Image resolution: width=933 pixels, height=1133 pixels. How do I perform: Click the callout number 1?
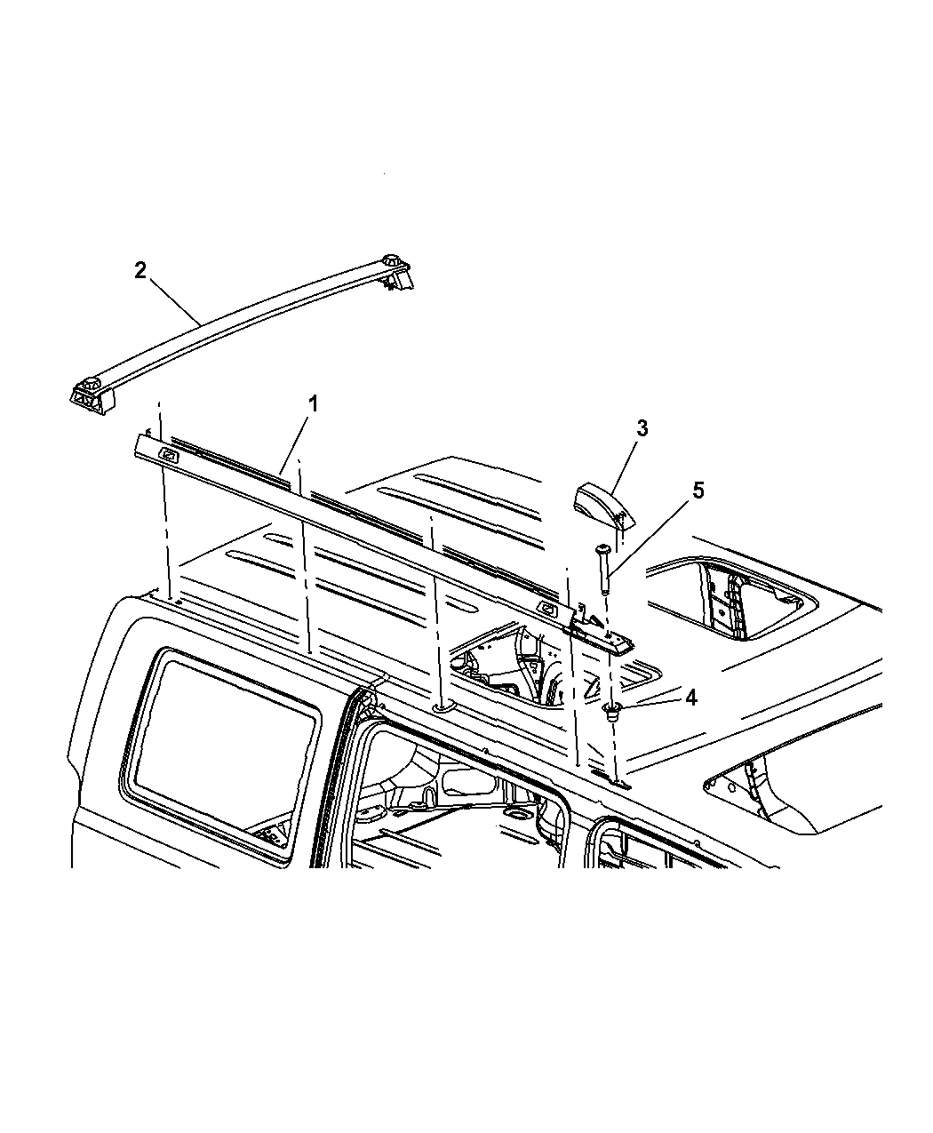tap(313, 404)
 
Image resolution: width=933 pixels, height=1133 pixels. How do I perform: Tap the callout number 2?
tap(140, 270)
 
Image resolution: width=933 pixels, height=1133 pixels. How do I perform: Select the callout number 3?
tap(642, 428)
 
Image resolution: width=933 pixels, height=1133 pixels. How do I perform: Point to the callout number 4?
tap(691, 698)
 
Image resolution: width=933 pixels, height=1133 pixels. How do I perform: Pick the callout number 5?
tap(698, 491)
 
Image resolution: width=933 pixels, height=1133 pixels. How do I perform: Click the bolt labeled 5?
tap(604, 570)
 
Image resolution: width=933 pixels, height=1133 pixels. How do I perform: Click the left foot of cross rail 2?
tap(92, 397)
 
